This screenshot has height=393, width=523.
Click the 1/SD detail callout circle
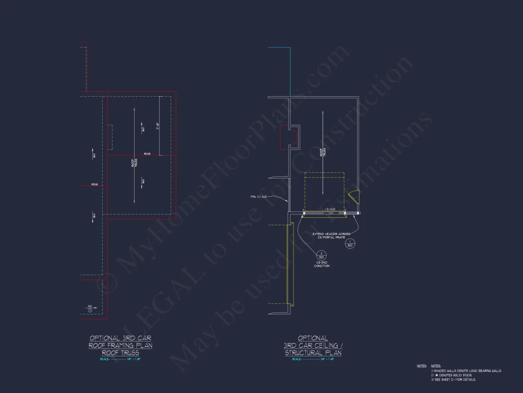click(350, 244)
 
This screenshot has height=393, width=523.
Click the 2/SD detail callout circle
click(321, 255)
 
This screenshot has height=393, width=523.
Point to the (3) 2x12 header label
click(330, 209)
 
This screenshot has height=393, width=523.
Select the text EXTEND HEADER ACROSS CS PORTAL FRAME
click(331, 235)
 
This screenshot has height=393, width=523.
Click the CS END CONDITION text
click(321, 264)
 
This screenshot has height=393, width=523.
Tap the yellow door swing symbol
click(354, 195)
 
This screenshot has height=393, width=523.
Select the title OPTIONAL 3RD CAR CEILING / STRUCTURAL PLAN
click(313, 345)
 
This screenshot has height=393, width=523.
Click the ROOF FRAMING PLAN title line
click(120, 345)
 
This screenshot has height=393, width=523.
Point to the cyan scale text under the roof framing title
click(120, 359)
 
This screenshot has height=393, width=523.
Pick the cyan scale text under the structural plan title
click(313, 359)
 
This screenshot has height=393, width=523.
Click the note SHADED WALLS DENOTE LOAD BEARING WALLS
click(466, 371)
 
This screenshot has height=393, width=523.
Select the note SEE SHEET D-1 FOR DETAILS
click(455, 380)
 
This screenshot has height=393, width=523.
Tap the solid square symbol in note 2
click(437, 375)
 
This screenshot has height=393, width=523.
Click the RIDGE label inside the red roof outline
click(147, 153)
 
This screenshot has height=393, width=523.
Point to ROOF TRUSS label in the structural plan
click(322, 152)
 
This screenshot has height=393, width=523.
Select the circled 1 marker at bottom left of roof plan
click(90, 310)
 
